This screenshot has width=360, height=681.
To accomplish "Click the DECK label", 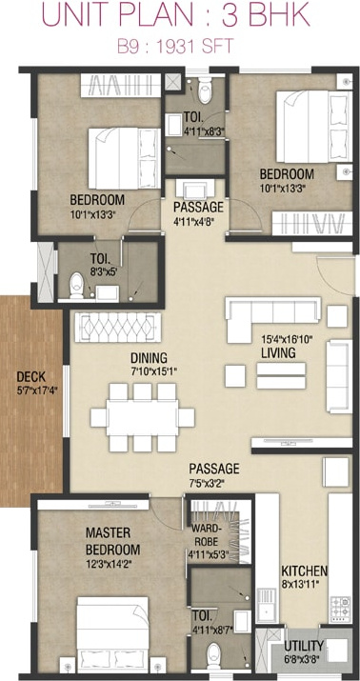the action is coord(30,377).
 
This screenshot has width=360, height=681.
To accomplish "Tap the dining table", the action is coord(143,418).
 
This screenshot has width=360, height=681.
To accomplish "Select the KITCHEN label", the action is coord(304,571).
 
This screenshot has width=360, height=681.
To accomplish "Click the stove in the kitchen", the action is coord(340,609).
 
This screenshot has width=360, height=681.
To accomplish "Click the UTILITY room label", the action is coord(304,645).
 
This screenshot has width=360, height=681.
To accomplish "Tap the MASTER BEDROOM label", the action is coord(113,541).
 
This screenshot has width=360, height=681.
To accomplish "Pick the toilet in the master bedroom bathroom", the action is coord(214,655).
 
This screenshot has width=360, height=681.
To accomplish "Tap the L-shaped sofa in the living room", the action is coord(272,315).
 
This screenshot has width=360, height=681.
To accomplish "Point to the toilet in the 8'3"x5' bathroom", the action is coord(77,286).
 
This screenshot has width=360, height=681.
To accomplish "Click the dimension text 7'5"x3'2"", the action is coord(207,483).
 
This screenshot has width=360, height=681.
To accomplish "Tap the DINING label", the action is coord(149,358).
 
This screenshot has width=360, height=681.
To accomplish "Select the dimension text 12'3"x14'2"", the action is coord(109,564).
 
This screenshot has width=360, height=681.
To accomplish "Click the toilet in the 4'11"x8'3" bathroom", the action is coord(205,92).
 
